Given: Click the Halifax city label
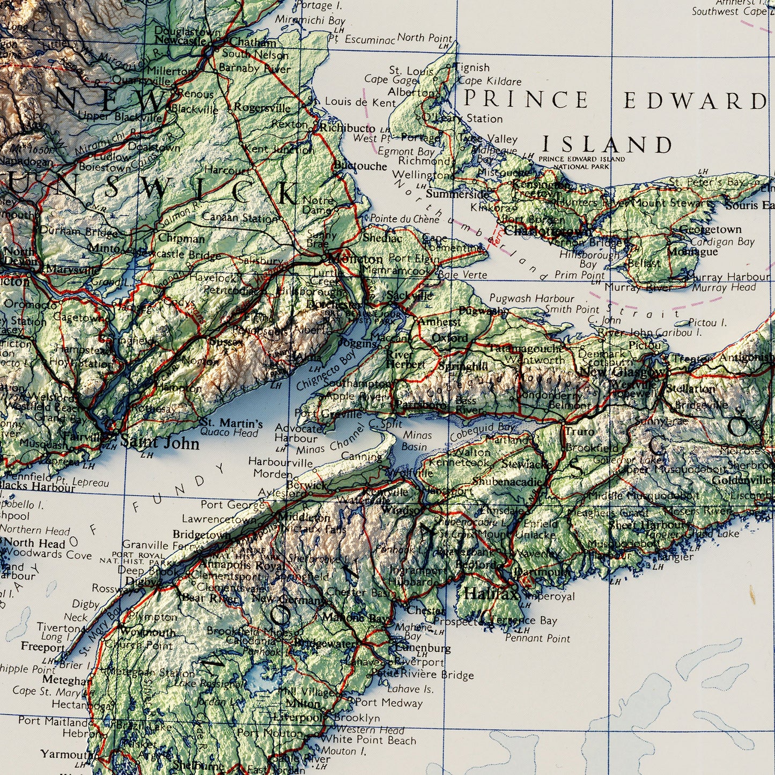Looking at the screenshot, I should coord(491,594).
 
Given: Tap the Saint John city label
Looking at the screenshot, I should coord(159,443).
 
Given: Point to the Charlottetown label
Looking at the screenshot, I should coord(547,231).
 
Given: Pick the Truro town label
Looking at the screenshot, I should coord(579,431).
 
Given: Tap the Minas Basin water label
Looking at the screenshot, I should coord(414,441).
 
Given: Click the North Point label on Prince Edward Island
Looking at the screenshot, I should coord(425,38).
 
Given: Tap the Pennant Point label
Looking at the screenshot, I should coord(537,638).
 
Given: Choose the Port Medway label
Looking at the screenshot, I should coord(388,702).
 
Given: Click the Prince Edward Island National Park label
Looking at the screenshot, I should coord(581,163).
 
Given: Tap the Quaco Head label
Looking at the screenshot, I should coord(229,432).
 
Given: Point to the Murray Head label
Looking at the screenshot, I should coord(724,287).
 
